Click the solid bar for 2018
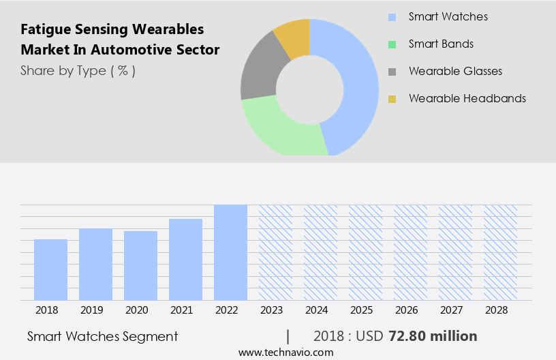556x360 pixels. coord(50,269)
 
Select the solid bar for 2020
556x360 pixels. coord(140,265)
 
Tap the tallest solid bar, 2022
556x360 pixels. coord(230,252)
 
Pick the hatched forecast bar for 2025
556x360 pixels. coord(365,252)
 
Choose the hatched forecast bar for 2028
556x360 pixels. coord(500,252)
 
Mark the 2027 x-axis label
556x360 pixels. coord(455,310)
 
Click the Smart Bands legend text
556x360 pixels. coord(441,44)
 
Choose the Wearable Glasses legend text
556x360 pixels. coord(455,71)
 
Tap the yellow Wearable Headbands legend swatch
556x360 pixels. coord(392,99)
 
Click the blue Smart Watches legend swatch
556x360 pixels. coord(392,17)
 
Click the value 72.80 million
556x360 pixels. coord(433,336)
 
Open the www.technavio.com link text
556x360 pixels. coord(286,352)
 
